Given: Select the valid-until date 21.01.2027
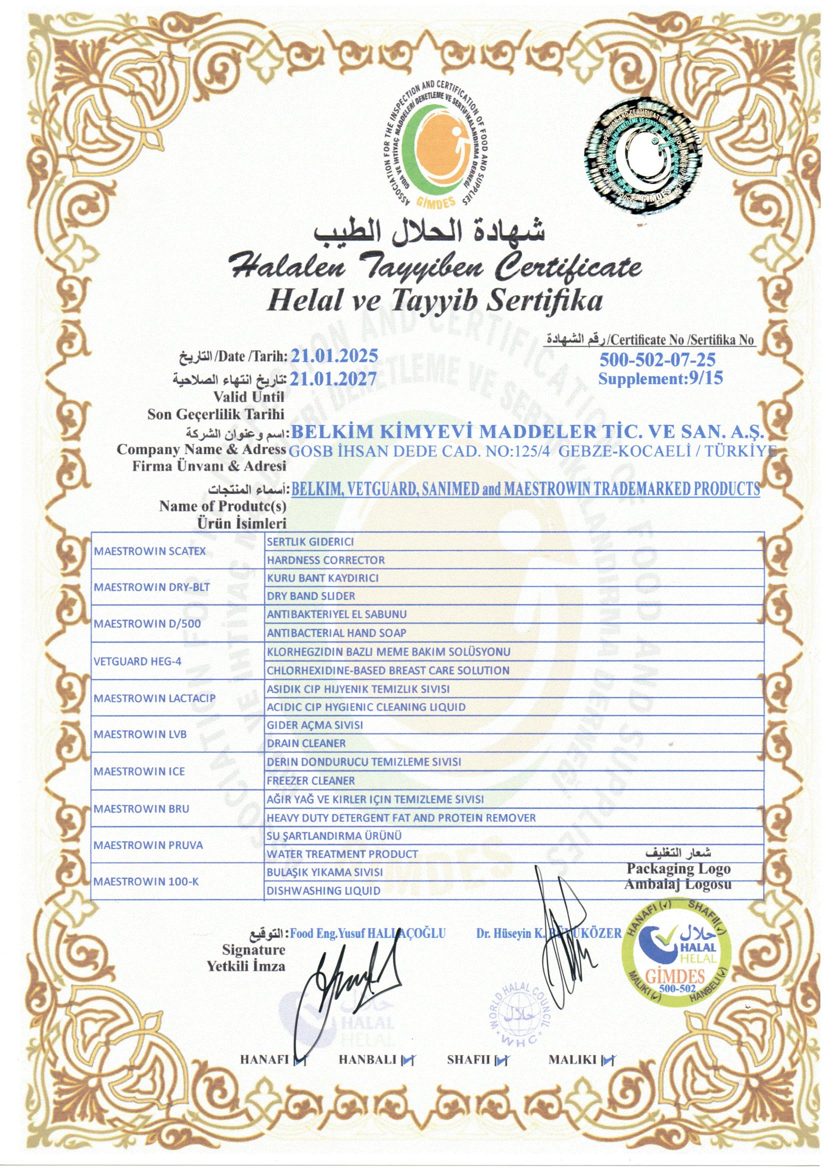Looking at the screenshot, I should pyautogui.click(x=334, y=378).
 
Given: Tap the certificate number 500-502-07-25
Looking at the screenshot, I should pyautogui.click(x=657, y=360).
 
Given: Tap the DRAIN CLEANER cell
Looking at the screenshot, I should pyautogui.click(x=306, y=743).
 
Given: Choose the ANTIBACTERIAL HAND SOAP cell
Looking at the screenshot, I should pyautogui.click(x=336, y=633).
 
